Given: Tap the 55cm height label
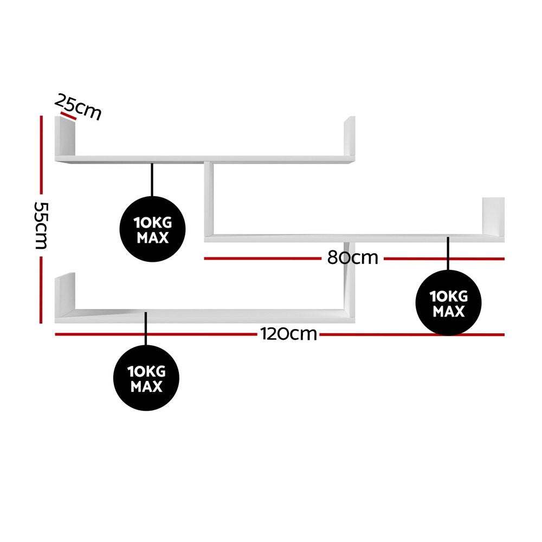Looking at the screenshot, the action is click(41, 225).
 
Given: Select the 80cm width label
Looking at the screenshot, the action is click(353, 258).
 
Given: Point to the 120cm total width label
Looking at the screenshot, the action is click(289, 334).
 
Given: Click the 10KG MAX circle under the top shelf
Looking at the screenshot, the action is click(152, 229).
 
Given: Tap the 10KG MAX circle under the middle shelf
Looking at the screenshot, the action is click(448, 303).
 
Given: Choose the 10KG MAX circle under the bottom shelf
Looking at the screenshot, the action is click(146, 378).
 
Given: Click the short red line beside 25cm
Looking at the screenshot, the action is click(68, 116).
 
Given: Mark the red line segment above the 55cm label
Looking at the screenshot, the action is click(41, 155).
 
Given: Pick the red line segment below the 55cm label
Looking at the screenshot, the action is click(41, 290).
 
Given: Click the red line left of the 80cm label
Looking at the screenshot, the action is click(263, 258).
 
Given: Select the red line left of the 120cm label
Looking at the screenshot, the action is click(156, 334).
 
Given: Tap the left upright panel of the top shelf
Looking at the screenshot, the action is click(65, 136).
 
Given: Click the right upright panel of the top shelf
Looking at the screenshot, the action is click(349, 136).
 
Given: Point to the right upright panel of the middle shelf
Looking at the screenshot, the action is click(493, 216).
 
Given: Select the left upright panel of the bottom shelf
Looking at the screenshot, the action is click(65, 294).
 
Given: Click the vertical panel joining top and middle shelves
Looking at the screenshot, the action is click(209, 199).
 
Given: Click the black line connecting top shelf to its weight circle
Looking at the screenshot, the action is click(152, 180).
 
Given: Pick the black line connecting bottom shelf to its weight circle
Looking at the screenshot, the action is click(146, 329).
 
